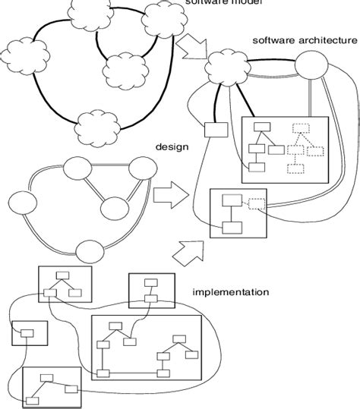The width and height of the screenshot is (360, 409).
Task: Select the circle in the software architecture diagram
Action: point(312,68)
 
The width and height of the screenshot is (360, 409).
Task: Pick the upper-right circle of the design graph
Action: point(141,169)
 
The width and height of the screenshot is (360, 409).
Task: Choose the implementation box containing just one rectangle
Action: point(29,332)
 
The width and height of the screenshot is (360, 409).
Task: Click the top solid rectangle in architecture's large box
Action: point(263,127)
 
